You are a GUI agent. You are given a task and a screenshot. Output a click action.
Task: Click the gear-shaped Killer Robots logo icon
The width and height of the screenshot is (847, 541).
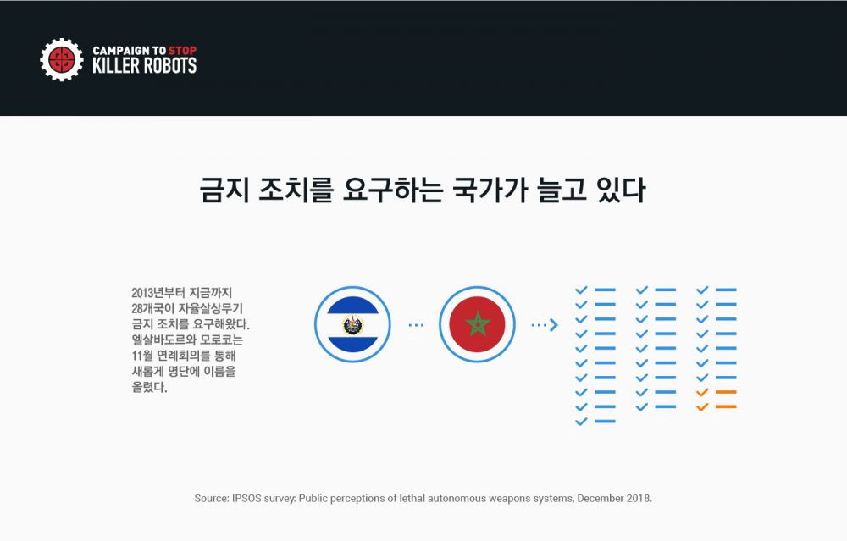click(x=62, y=59)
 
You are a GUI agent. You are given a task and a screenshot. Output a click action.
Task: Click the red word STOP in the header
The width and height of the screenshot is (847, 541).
click(x=183, y=51)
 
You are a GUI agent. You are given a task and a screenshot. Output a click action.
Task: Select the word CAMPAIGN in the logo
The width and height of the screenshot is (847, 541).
click(x=121, y=51)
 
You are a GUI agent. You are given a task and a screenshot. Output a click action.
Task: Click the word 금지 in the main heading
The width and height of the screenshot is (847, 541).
click(x=224, y=190)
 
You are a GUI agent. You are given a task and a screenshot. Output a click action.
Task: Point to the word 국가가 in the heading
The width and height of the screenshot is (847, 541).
click(x=490, y=190)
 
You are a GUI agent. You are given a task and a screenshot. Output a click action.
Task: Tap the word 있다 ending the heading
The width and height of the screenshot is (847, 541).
click(x=621, y=190)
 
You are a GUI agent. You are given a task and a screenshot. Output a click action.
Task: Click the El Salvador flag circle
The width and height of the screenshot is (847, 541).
click(x=352, y=324)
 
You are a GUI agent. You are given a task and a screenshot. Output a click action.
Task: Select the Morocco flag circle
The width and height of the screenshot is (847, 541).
click(x=477, y=324)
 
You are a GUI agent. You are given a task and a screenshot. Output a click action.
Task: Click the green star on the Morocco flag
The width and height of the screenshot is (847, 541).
click(x=478, y=324)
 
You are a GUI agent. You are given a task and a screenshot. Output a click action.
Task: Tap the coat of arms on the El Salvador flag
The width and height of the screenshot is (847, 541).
click(x=352, y=324)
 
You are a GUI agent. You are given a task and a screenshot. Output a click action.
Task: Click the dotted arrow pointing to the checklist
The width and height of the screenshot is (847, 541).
click(x=545, y=325)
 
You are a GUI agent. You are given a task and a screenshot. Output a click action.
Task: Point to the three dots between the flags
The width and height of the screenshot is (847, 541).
click(x=416, y=325)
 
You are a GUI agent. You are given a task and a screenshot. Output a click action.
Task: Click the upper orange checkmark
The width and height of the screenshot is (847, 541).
click(x=702, y=393)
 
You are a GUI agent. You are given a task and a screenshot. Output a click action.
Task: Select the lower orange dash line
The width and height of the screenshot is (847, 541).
click(x=726, y=406)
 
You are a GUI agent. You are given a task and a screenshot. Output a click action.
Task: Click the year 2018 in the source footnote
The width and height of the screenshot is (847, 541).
click(x=639, y=499)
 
